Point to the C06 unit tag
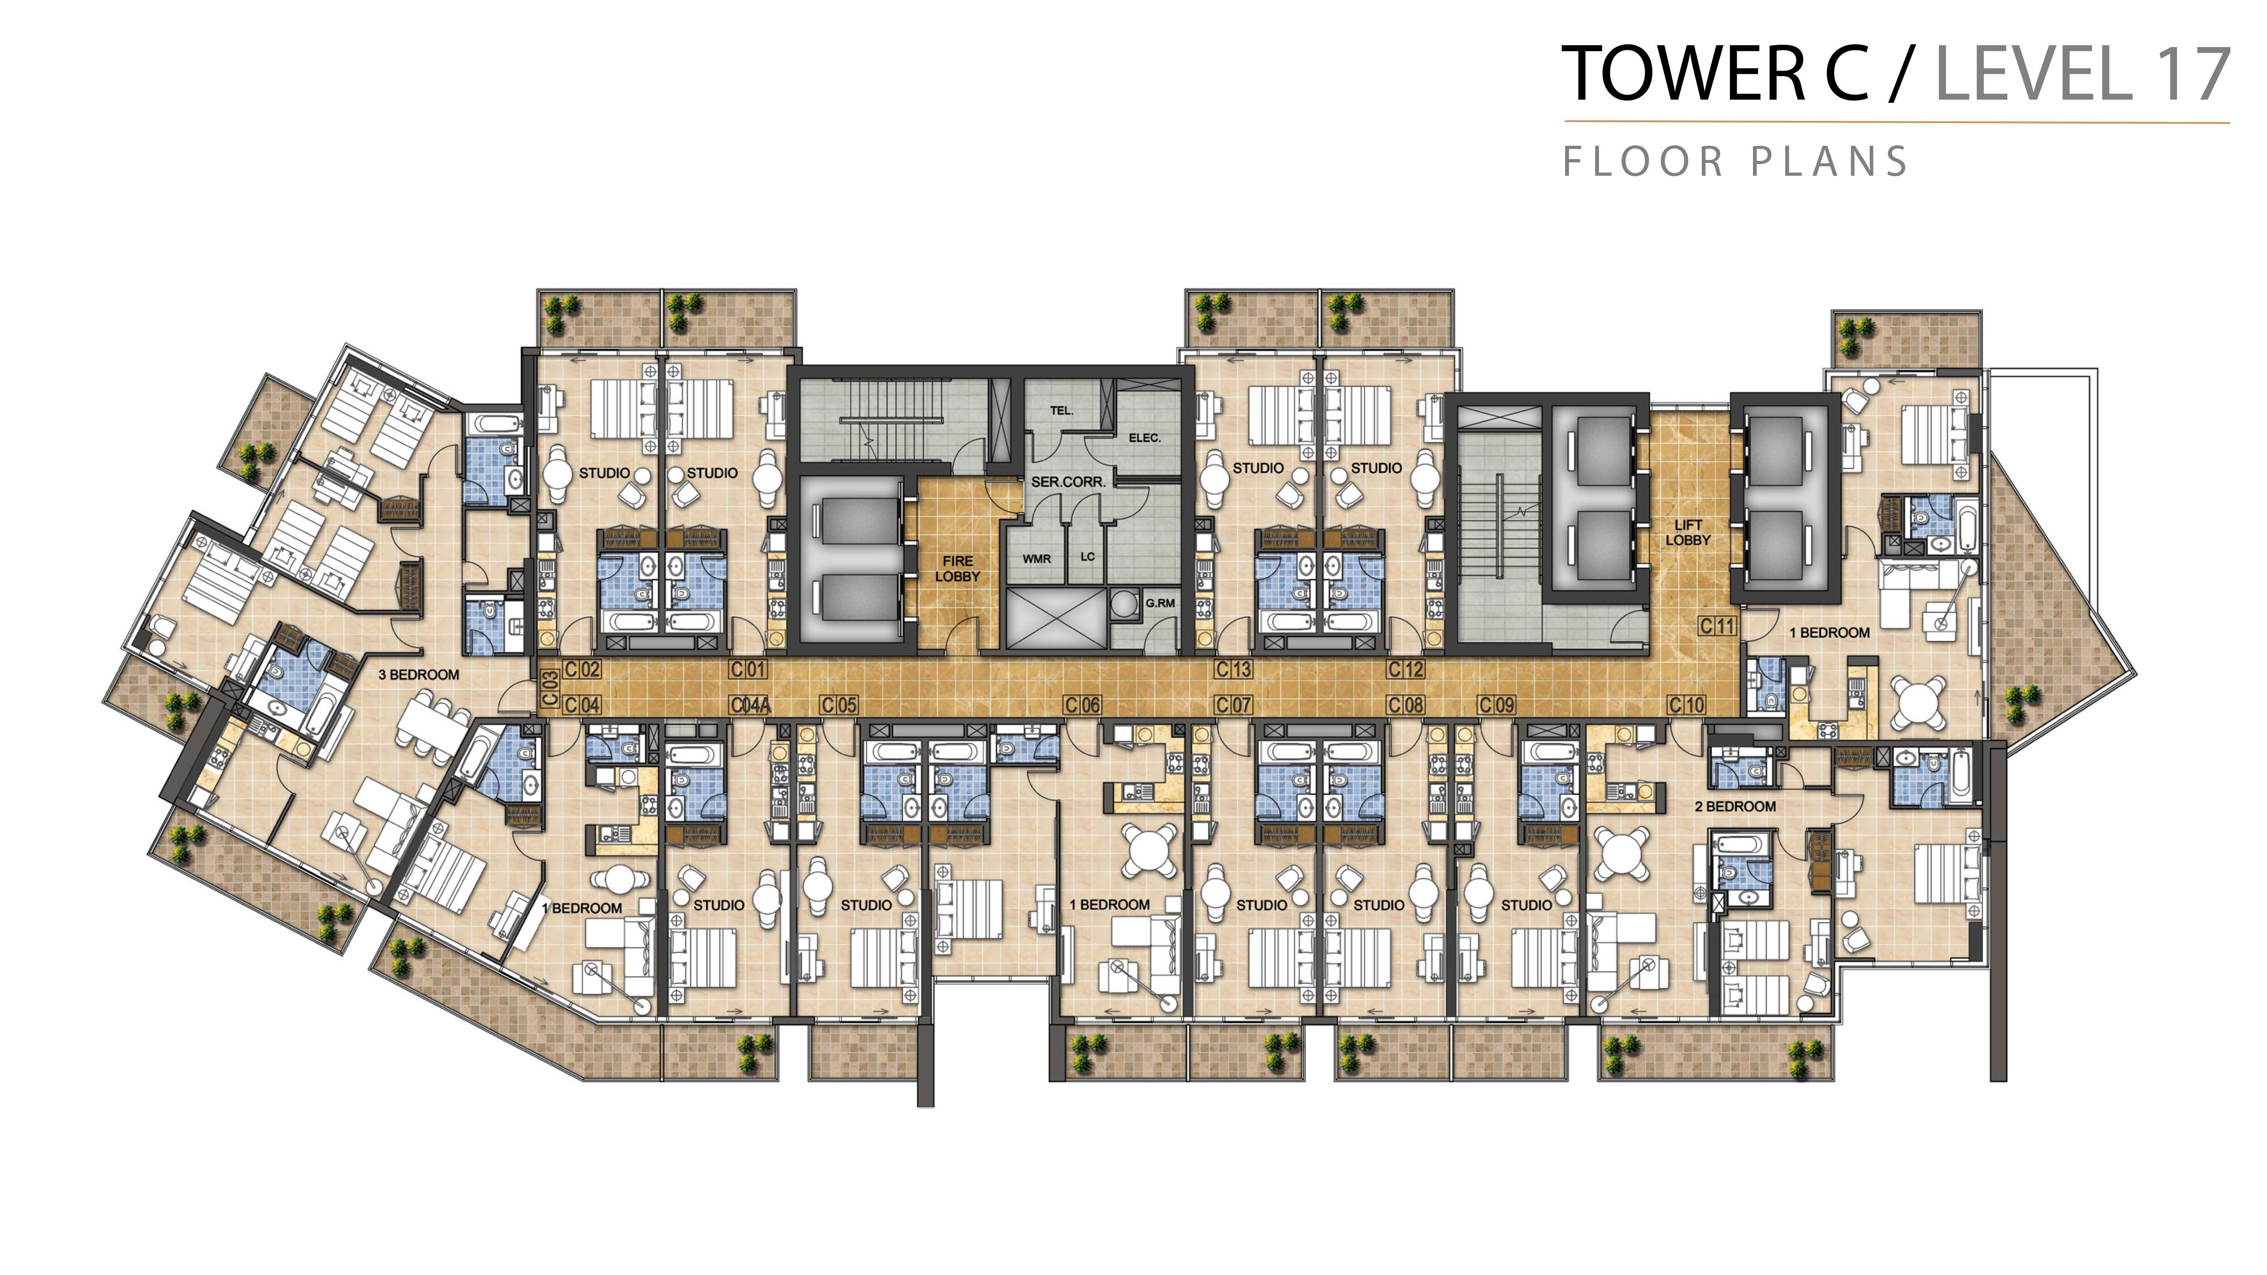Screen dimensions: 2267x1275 (x=1083, y=705)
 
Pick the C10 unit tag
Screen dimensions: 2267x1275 (x=1687, y=705)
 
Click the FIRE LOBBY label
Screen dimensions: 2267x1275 (x=957, y=568)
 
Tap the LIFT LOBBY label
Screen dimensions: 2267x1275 (x=1688, y=532)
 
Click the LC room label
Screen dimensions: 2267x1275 (x=1088, y=557)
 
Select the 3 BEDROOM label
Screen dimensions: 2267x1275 (x=419, y=675)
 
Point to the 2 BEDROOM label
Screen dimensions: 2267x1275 (x=1735, y=807)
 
